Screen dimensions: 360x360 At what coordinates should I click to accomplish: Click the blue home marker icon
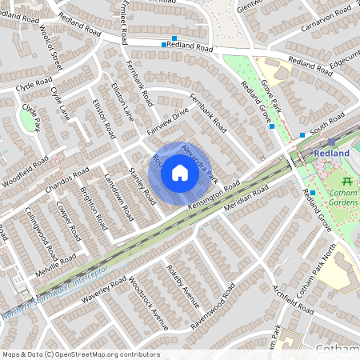[x=180, y=172]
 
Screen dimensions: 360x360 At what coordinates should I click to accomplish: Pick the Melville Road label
[x=58, y=262]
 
